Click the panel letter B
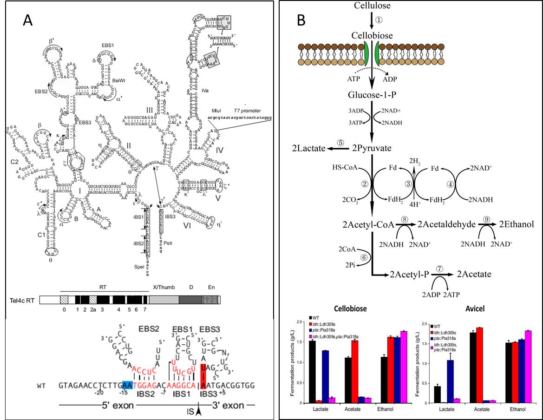301,21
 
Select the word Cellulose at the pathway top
372,6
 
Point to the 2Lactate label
308,148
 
